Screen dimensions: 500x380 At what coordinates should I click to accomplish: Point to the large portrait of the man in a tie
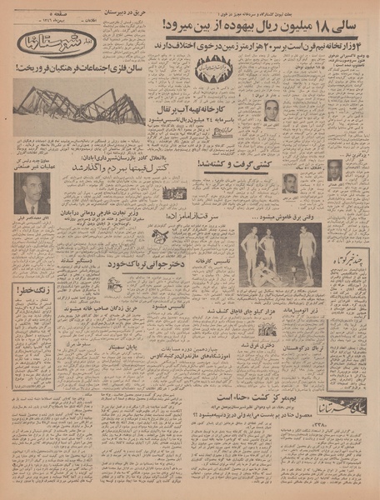(x=32, y=193)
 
